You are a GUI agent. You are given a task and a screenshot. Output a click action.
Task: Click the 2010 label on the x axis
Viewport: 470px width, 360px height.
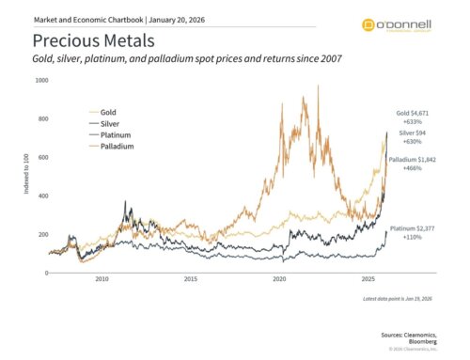coord(102,280)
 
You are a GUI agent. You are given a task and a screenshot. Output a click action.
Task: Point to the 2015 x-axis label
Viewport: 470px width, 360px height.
coord(191,280)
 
